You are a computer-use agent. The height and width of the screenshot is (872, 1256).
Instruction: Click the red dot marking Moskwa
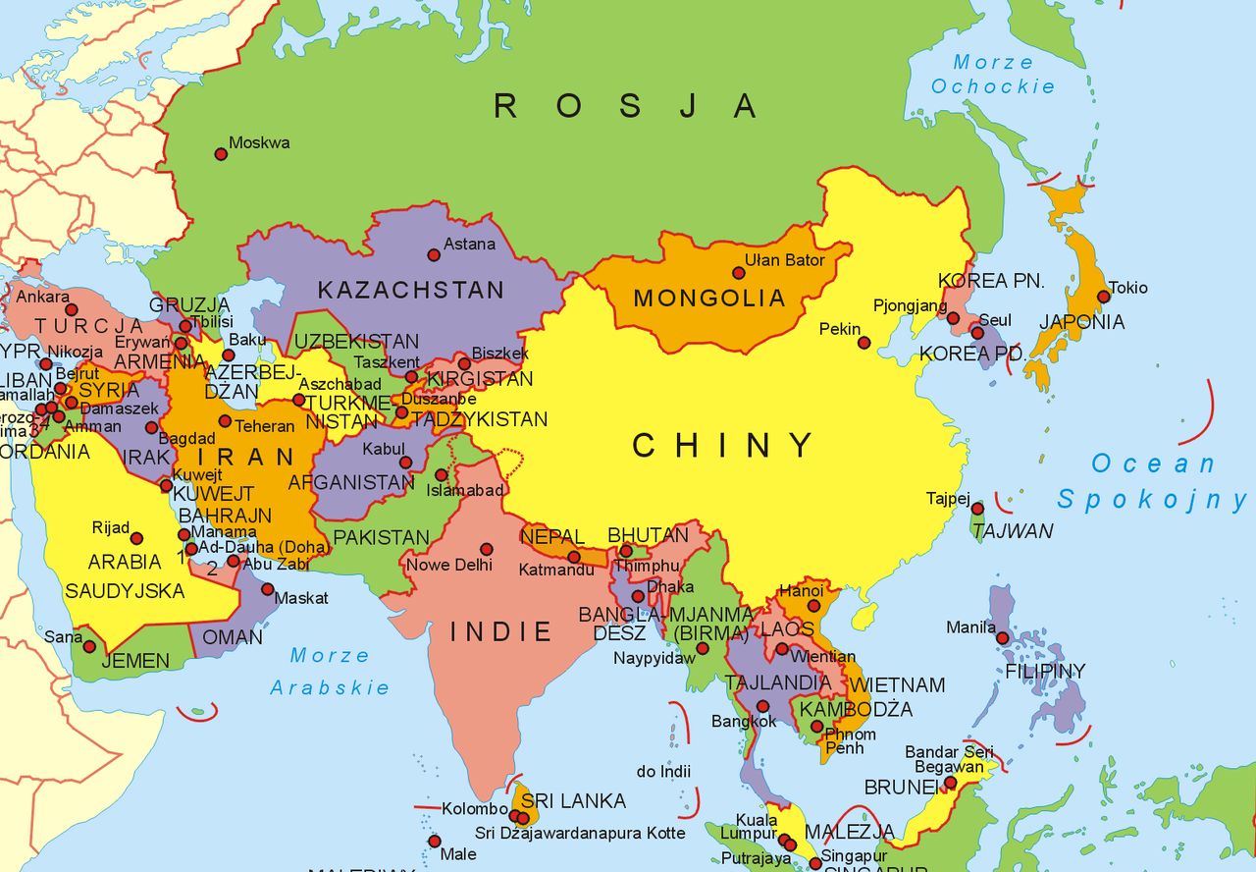221,154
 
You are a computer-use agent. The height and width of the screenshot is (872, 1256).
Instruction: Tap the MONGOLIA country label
709,299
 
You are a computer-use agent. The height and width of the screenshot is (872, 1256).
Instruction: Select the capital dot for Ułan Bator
738,273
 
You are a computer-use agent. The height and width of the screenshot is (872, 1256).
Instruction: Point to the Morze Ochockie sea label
993,75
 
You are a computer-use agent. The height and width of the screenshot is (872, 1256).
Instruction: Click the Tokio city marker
1104,296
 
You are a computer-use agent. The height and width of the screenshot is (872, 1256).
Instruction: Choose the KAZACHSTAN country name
410,291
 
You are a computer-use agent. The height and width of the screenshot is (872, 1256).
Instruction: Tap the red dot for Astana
434,255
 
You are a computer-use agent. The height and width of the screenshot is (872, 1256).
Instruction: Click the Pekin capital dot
863,343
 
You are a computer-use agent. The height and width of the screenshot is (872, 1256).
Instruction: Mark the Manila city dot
1002,637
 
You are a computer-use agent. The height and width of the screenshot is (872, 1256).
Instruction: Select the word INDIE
501,631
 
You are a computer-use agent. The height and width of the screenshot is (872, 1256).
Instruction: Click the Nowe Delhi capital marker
486,549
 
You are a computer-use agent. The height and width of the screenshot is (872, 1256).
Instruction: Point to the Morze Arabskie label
330,672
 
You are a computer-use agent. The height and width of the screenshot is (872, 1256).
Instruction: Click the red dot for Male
435,841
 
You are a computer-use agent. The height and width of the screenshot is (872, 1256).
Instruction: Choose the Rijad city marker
137,538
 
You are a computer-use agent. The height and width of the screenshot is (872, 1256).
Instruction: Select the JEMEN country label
135,661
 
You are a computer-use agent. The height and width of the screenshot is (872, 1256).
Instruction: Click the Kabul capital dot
405,463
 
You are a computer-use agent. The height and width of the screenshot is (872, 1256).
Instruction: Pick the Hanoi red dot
813,606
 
